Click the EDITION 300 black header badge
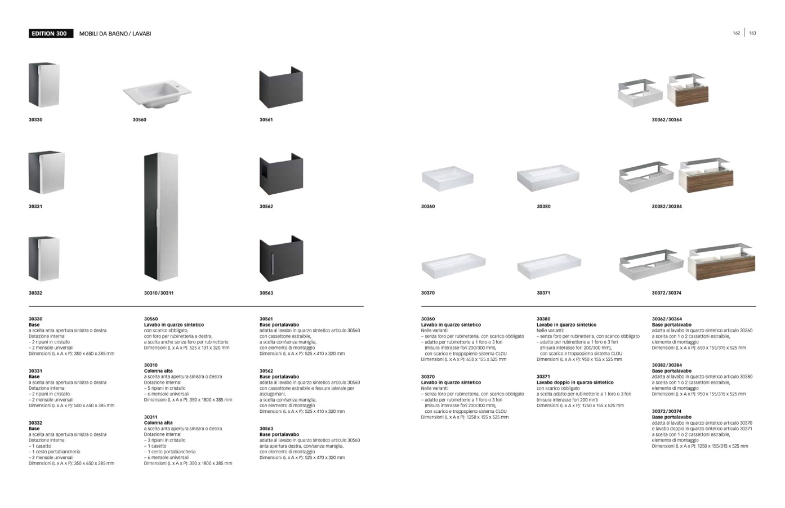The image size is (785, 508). (x=51, y=34)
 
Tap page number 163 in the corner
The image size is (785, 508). (x=752, y=33)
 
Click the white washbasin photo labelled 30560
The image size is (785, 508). (x=157, y=94)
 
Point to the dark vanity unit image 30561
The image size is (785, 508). (x=281, y=88)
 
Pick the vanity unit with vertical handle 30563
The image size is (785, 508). (x=281, y=259)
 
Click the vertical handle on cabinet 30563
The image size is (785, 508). (x=272, y=264)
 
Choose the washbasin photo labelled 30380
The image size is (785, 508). (x=547, y=177)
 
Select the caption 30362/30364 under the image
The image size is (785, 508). (x=667, y=120)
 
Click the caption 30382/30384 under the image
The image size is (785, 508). (x=667, y=207)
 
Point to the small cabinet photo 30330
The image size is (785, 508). (x=43, y=84)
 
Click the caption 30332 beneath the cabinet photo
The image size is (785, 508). (x=35, y=293)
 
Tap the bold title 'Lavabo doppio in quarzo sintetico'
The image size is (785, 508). (x=575, y=382)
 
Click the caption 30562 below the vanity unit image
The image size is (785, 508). (x=266, y=207)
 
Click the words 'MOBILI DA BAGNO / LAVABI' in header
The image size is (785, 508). (x=115, y=34)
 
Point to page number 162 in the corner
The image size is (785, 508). (x=736, y=33)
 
